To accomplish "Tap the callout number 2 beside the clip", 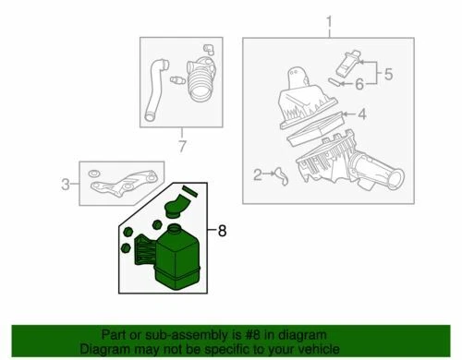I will [258, 173].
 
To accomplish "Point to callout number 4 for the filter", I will [362, 114].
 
